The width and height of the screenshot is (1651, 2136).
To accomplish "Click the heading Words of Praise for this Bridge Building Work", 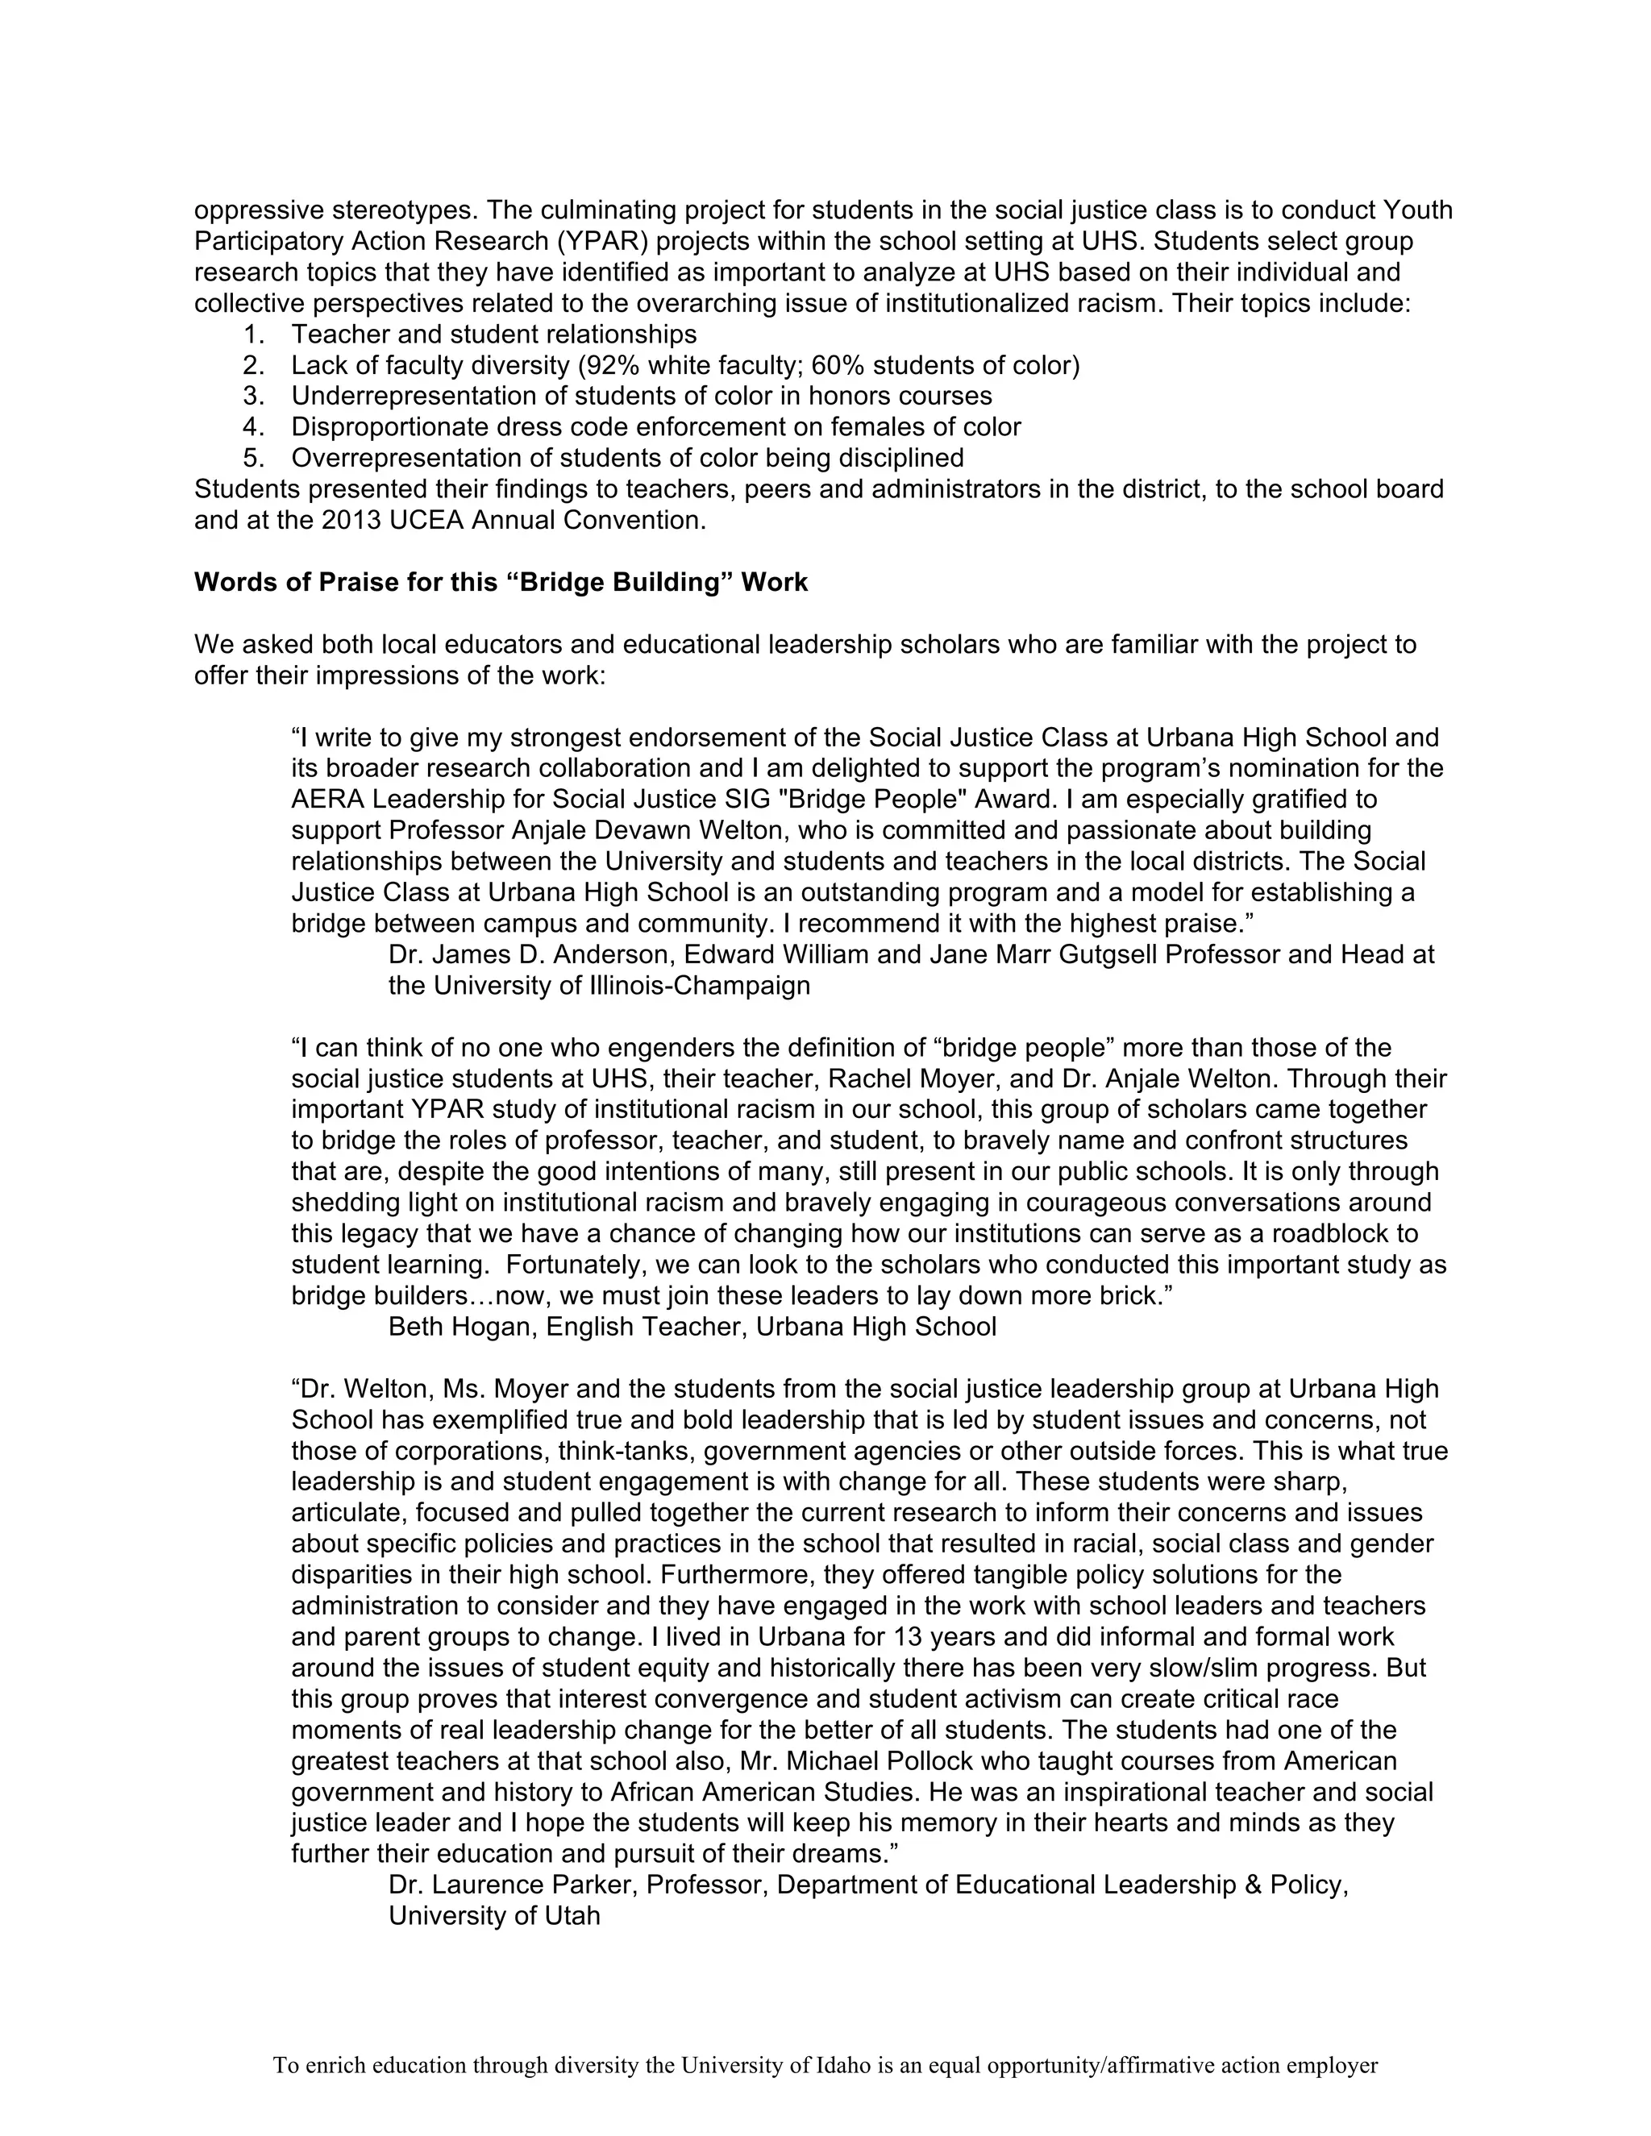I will point(501,583).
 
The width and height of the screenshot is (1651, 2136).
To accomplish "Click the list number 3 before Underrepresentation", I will point(253,396).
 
